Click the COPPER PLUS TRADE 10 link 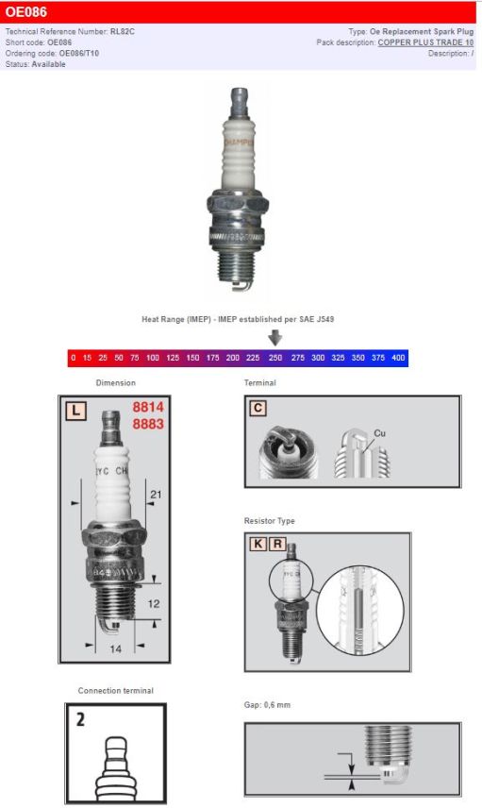[425, 42]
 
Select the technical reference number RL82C [122, 32]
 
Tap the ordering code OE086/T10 [79, 54]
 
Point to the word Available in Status [49, 64]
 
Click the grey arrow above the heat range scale [274, 338]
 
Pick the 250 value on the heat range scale [274, 359]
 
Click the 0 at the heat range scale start [74, 359]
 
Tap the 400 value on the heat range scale [398, 359]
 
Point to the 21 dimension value [156, 495]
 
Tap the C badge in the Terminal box [258, 409]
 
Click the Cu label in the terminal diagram [379, 432]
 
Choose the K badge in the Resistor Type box [258, 544]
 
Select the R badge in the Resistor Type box [276, 544]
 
